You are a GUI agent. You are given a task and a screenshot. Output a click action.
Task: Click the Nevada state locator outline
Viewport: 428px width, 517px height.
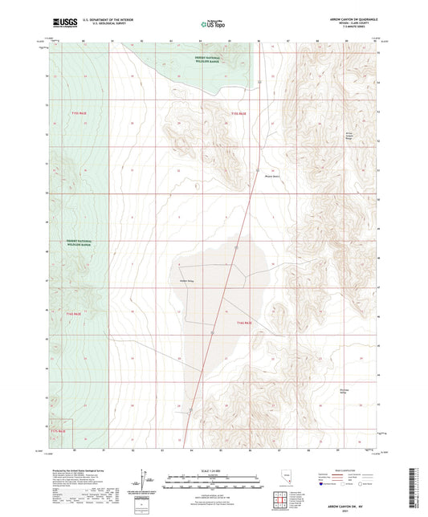click(x=283, y=478)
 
